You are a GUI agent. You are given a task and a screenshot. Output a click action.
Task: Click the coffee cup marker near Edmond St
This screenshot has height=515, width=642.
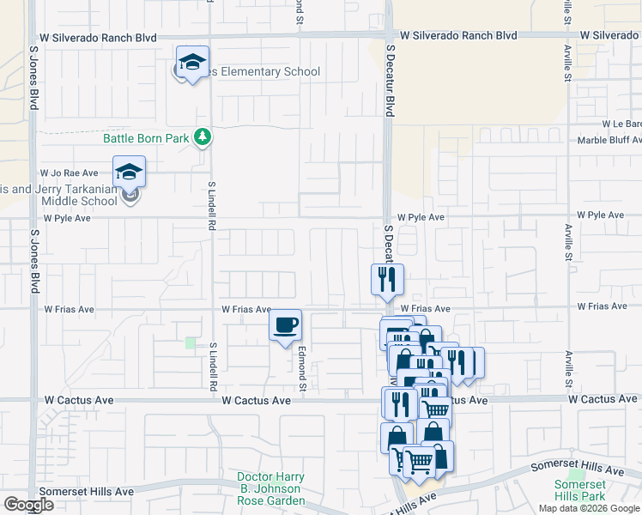click(x=286, y=325)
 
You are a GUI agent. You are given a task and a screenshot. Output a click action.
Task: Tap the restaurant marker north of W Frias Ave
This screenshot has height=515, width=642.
click(x=387, y=279)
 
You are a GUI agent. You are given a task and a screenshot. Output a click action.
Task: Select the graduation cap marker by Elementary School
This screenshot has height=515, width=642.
click(x=193, y=62)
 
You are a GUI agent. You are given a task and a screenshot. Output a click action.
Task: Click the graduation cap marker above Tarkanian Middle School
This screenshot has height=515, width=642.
click(x=130, y=172)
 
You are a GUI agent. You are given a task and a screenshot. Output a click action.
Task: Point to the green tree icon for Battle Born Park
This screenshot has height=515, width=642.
click(x=203, y=137)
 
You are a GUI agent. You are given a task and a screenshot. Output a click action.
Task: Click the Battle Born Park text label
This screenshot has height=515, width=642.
click(x=145, y=137)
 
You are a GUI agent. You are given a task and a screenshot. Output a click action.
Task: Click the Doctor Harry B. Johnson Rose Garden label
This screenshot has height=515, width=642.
click(x=271, y=488)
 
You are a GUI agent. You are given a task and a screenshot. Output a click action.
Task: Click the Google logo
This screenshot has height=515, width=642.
click(x=28, y=505)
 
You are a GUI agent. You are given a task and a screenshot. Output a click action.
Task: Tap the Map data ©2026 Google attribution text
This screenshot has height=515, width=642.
click(x=590, y=508)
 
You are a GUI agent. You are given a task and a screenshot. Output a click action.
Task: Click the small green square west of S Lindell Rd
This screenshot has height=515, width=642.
click(x=190, y=342)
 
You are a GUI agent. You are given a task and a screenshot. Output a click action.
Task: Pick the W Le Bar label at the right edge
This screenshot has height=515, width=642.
click(x=622, y=124)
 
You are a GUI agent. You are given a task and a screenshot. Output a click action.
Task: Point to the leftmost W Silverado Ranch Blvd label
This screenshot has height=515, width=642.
click(x=99, y=38)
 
